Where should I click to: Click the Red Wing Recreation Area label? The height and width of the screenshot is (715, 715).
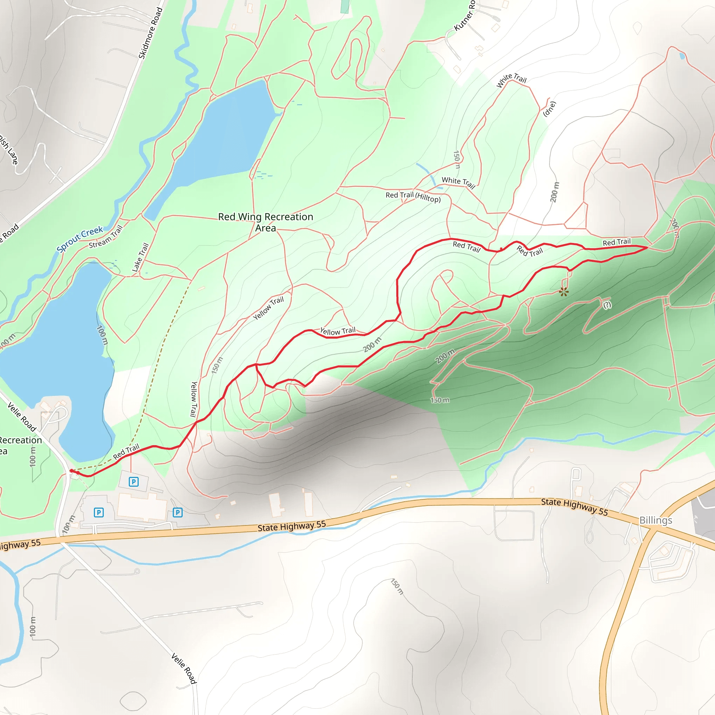[265, 222]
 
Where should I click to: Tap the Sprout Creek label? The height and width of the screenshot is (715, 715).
[80, 239]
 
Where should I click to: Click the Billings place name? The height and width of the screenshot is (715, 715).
[655, 520]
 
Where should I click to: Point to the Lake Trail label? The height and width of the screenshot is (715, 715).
[140, 257]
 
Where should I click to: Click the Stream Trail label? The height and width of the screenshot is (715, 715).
[105, 237]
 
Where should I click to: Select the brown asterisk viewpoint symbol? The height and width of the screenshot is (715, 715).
[563, 292]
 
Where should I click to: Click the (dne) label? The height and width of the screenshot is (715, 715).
[549, 109]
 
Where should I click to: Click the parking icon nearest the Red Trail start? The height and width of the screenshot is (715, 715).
[134, 481]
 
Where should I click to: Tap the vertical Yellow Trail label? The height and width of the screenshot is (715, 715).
[193, 399]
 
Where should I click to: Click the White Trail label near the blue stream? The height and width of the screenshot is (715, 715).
[458, 182]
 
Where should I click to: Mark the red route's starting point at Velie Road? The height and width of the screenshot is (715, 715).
[72, 471]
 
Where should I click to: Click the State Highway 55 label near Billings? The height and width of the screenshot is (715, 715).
[574, 506]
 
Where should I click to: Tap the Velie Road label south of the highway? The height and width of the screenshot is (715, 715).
[184, 668]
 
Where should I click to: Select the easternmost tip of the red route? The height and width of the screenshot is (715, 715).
[647, 247]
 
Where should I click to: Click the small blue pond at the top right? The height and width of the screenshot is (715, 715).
[682, 56]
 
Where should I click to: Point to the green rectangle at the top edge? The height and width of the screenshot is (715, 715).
[345, 6]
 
